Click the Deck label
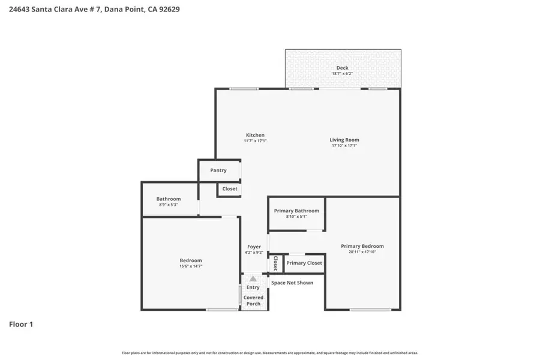342,68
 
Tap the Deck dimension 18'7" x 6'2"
342,74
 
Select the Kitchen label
255,135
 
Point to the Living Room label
344,140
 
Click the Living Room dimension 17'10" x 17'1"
344,146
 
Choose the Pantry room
218,170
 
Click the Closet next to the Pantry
230,188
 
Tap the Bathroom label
169,199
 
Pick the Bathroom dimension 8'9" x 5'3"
169,205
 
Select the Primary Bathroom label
296,211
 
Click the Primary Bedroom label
362,246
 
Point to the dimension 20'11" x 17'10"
362,252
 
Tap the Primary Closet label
304,263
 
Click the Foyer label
254,247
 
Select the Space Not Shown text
292,283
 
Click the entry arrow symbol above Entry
253,279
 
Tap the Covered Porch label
253,301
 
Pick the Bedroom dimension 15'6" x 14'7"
191,266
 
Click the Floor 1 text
21,325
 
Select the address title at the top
94,10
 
